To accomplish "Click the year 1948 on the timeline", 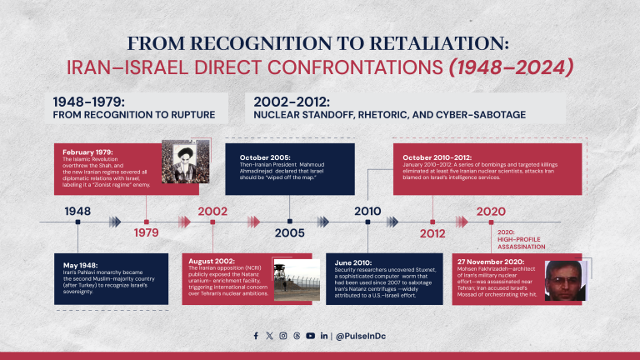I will click(x=77, y=212).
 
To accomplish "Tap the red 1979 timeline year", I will click(x=147, y=233).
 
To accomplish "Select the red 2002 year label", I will click(x=212, y=212).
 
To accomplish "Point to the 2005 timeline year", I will click(x=289, y=233).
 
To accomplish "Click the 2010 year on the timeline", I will click(x=367, y=212).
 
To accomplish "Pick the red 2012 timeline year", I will click(x=432, y=233).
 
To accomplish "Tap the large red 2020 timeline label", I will click(x=491, y=212).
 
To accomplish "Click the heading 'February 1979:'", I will click(x=87, y=151).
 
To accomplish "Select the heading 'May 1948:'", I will click(x=77, y=265).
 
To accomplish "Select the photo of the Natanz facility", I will click(x=297, y=279).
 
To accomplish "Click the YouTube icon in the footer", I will click(x=310, y=335).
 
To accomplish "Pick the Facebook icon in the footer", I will click(x=257, y=335).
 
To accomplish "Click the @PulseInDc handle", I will click(x=360, y=335).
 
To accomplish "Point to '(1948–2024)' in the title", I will click(x=511, y=67).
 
